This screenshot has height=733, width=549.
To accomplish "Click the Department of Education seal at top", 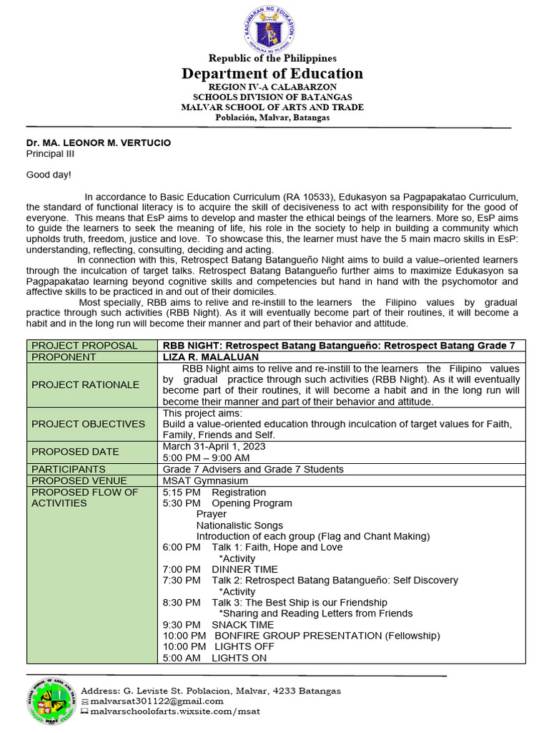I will click(272, 28).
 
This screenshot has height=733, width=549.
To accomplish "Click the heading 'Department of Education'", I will click(272, 74).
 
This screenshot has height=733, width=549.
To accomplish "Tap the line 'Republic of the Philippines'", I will click(272, 58).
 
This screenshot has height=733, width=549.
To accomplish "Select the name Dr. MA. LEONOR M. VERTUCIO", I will click(99, 143).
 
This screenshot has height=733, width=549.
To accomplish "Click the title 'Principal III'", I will click(49, 154).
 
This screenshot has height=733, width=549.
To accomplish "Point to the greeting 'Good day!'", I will click(49, 175).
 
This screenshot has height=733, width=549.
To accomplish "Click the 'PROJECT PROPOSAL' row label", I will click(84, 346).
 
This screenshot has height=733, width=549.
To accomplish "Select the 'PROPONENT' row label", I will click(64, 356).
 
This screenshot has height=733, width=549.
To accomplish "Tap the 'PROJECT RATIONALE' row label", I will click(85, 384).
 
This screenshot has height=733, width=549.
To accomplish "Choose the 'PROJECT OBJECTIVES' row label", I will click(88, 424).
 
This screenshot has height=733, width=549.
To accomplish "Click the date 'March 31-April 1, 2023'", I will click(214, 446).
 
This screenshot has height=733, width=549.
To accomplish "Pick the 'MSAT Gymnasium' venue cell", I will click(205, 481).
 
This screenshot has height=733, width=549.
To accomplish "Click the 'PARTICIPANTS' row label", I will click(69, 469).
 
